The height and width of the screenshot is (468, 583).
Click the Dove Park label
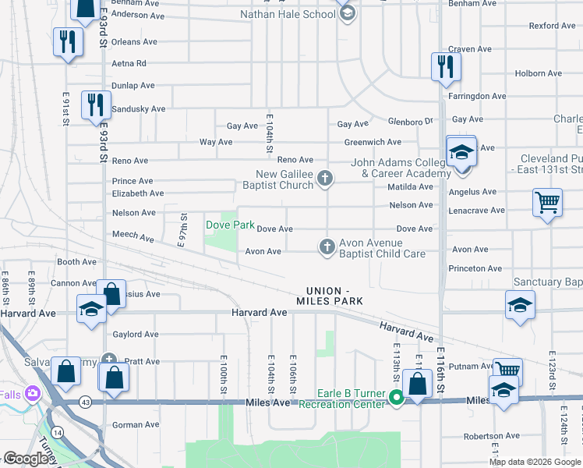[230, 225]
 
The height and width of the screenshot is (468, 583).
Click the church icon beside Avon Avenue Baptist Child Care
[327, 247]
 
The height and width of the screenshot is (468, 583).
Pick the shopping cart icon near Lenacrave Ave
[547, 203]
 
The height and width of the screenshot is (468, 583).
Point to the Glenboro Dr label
[411, 122]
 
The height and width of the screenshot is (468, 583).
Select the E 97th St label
[184, 231]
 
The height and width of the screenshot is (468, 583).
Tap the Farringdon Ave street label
[477, 97]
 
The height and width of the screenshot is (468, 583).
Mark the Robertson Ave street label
[491, 436]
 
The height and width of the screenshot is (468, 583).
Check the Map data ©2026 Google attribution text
[535, 462]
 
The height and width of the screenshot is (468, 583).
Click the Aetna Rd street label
[129, 64]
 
